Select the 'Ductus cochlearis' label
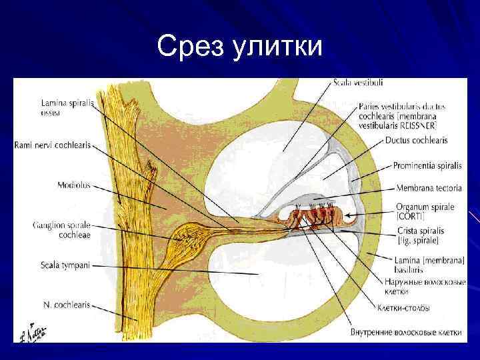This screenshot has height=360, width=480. coord(416,141)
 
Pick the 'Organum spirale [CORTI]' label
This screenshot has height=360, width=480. coord(425,211)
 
